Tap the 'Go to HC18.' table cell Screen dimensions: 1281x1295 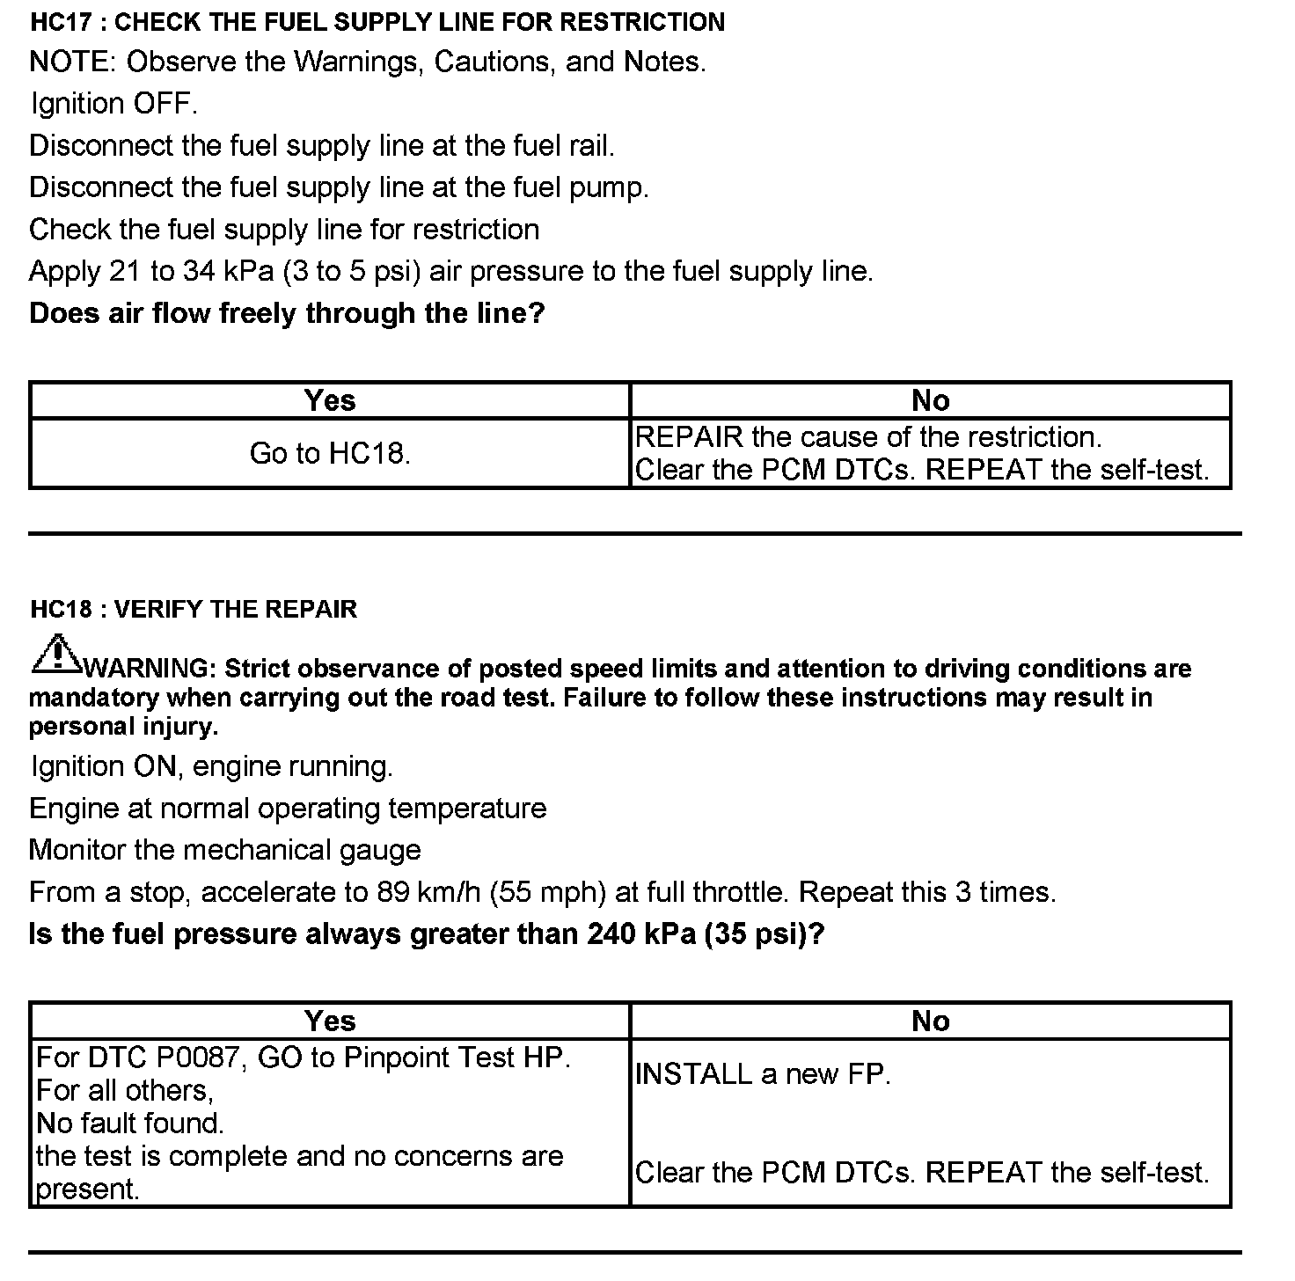pyautogui.click(x=330, y=454)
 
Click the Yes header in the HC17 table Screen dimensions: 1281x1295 pyautogui.click(x=330, y=401)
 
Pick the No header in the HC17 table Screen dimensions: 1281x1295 pyautogui.click(x=930, y=401)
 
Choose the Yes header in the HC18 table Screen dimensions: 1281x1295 pyautogui.click(x=330, y=1021)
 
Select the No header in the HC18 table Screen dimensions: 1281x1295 pyautogui.click(x=930, y=1021)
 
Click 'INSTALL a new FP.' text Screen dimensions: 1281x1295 pyautogui.click(x=763, y=1074)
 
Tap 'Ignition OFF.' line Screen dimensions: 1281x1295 pyautogui.click(x=114, y=104)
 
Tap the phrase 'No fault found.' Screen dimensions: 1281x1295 pyautogui.click(x=130, y=1124)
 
